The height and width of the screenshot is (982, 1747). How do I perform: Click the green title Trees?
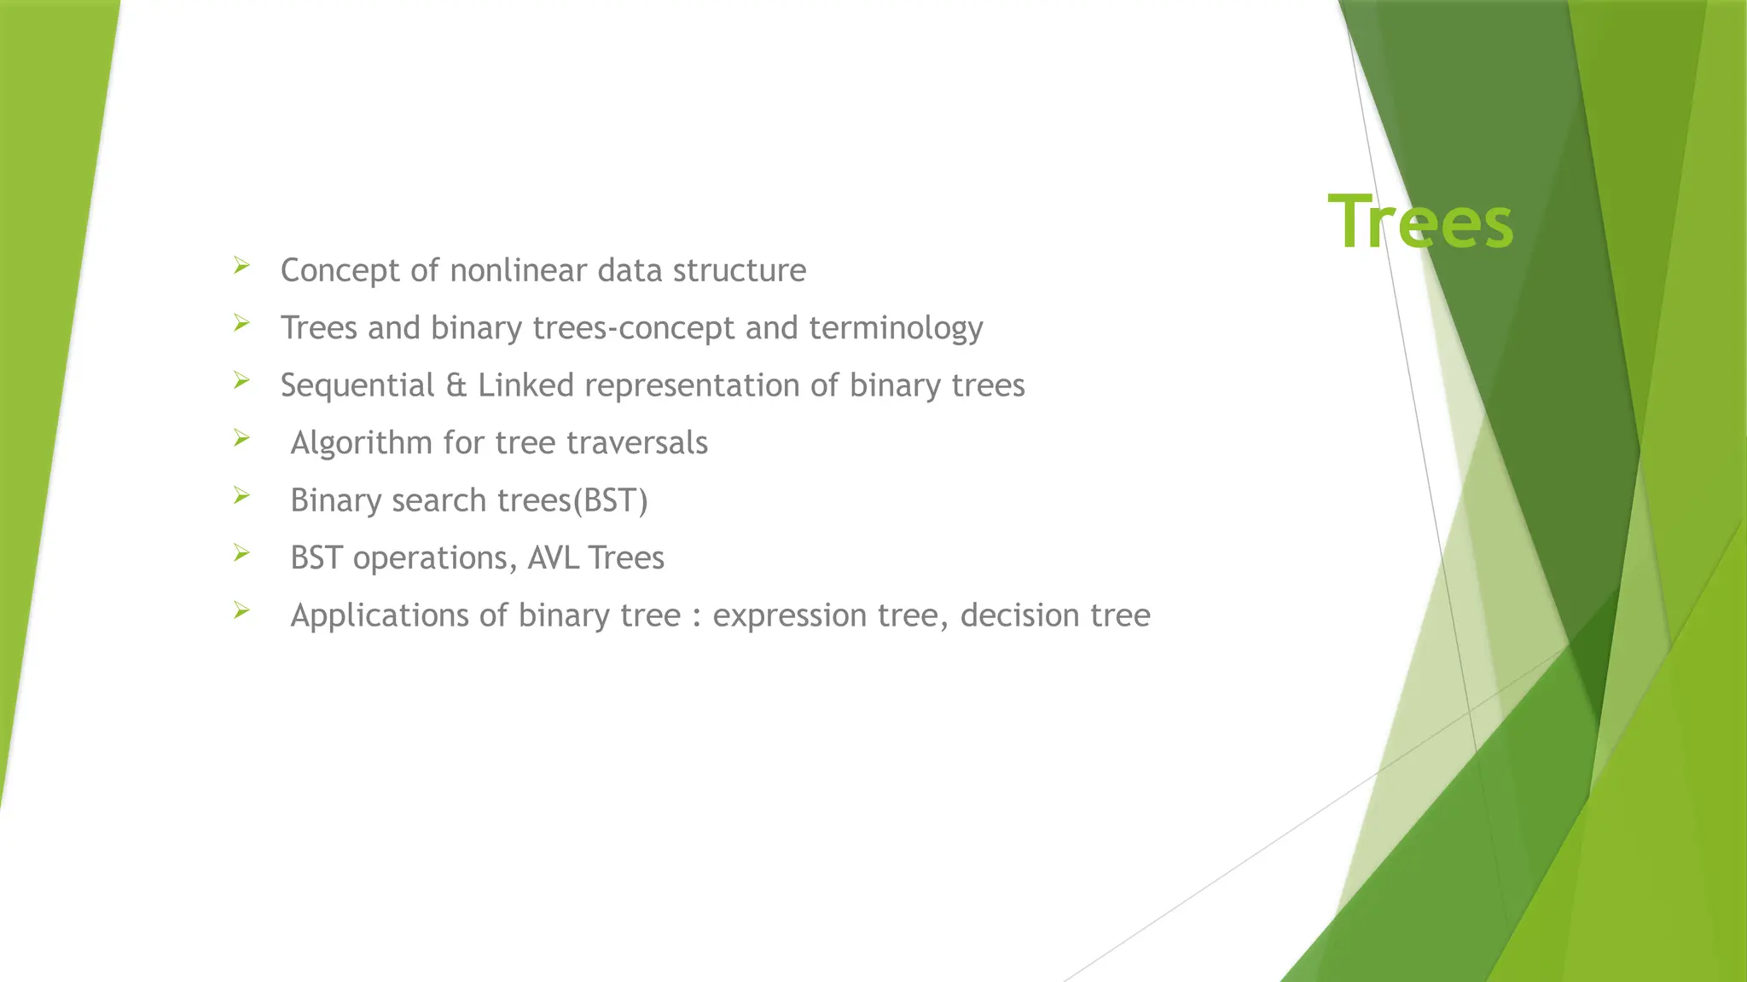pos(1420,222)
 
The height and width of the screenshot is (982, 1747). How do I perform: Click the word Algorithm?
pos(361,443)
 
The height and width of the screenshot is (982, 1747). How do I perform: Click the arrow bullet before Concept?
pos(241,266)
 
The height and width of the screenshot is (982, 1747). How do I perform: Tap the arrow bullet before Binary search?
pos(241,495)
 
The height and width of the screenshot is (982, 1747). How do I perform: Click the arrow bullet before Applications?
pos(241,610)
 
